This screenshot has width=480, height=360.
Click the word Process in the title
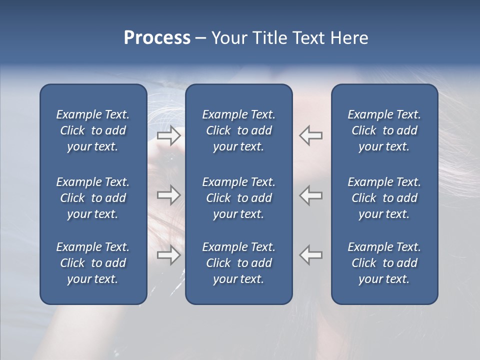[x=157, y=37]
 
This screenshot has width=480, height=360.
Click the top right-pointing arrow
[x=168, y=135]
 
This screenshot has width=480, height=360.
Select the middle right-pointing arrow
[x=168, y=195]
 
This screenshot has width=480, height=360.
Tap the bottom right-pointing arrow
[x=168, y=255]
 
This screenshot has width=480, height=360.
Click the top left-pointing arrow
[x=311, y=135]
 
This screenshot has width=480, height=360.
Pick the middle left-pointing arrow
[x=311, y=195]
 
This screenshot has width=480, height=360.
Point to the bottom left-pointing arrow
[x=311, y=255]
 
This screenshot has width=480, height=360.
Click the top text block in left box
[x=93, y=130]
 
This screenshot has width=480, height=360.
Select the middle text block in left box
[x=93, y=198]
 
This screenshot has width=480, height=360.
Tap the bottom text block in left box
[x=93, y=263]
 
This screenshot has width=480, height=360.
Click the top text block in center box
[x=238, y=130]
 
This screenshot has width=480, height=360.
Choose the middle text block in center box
[x=238, y=198]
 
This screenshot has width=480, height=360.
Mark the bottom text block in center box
[x=238, y=263]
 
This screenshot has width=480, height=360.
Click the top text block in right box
[x=384, y=130]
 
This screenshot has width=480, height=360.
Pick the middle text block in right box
[x=384, y=198]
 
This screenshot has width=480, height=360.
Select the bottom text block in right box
[x=384, y=263]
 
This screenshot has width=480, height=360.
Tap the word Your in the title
[x=227, y=37]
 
